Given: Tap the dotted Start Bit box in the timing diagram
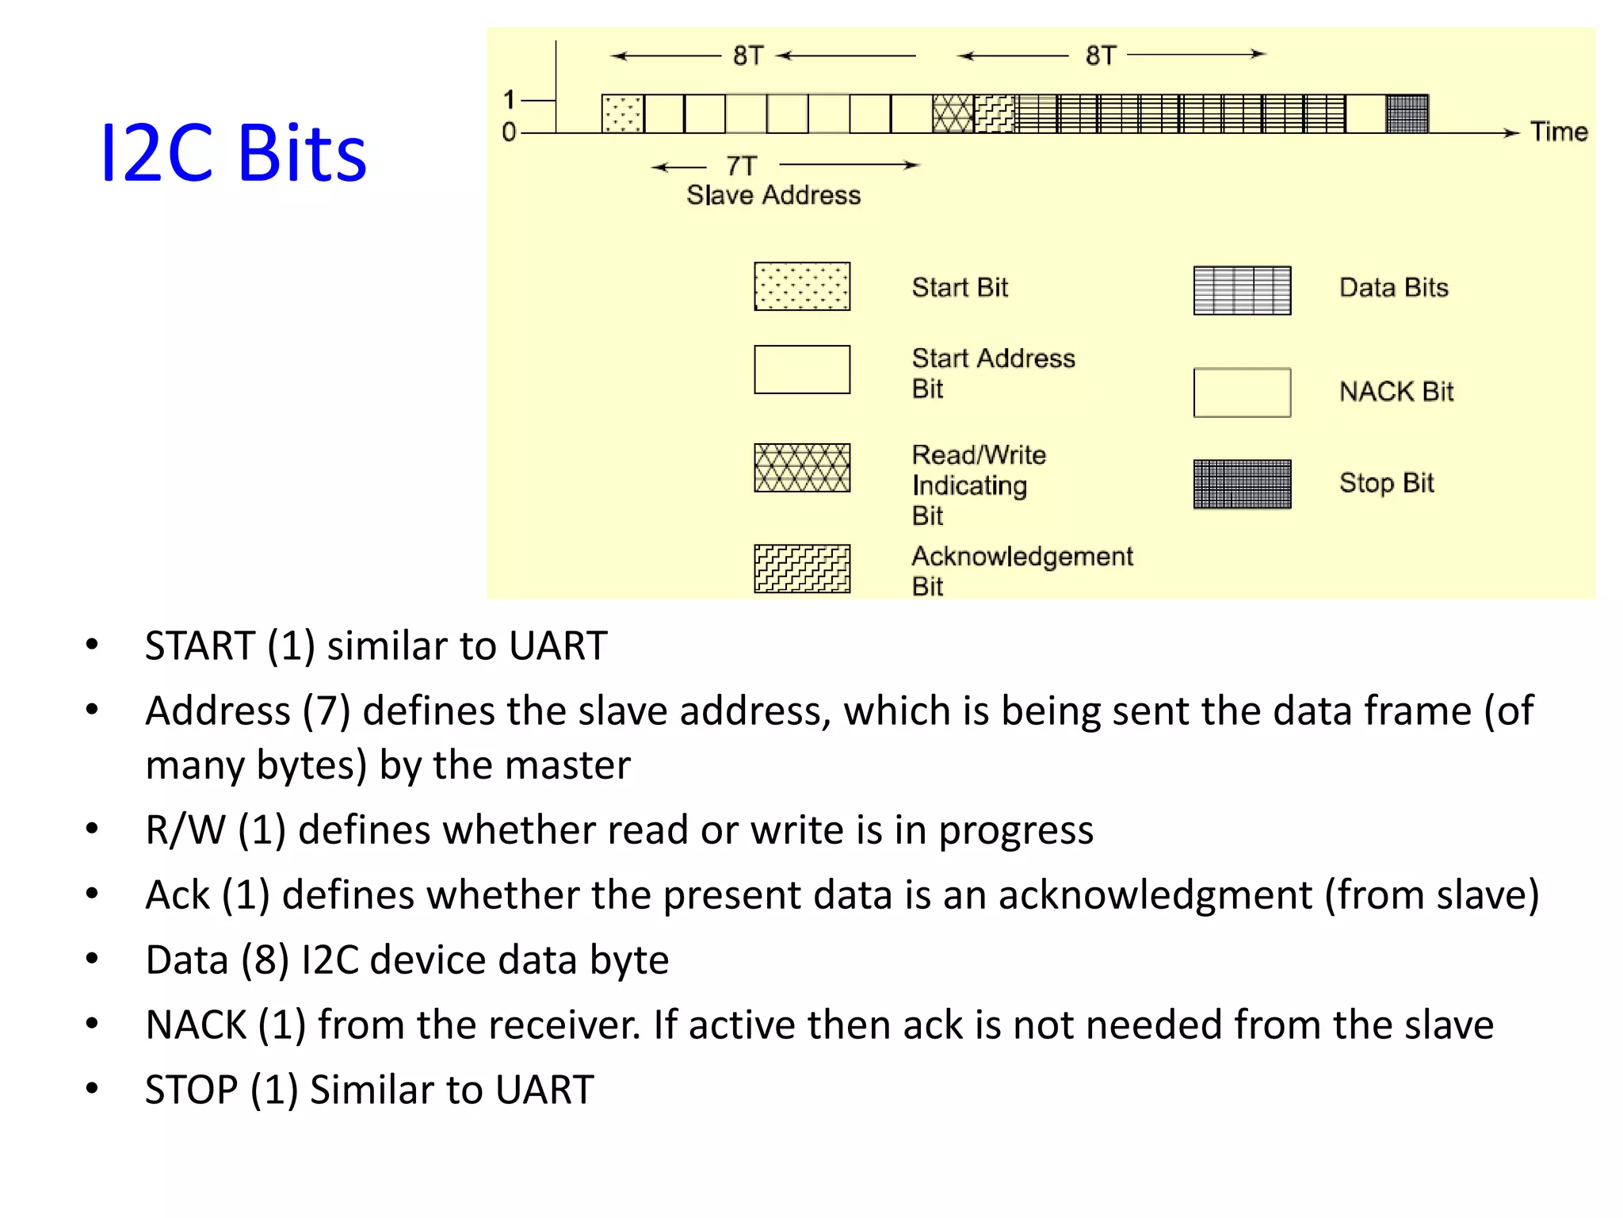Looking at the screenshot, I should pyautogui.click(x=622, y=113).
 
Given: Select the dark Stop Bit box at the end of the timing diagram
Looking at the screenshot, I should pyautogui.click(x=1407, y=113).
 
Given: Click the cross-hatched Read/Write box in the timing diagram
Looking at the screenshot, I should pyautogui.click(x=953, y=113).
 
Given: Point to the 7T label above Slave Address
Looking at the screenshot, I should pyautogui.click(x=742, y=166).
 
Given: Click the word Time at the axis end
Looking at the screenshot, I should pyautogui.click(x=1559, y=132).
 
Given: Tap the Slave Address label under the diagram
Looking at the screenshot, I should pyautogui.click(x=773, y=195).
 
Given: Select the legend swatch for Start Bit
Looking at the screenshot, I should pyautogui.click(x=802, y=286).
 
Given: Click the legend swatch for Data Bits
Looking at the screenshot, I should pyautogui.click(x=1242, y=290).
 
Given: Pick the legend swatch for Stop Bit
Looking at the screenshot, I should pyautogui.click(x=1242, y=484).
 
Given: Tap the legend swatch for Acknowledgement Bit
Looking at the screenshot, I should pyautogui.click(x=802, y=569).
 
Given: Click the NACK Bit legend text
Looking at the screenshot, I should pyautogui.click(x=1396, y=392).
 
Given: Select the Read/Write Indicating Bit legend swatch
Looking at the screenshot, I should pyautogui.click(x=802, y=468).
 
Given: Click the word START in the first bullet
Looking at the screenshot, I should pyautogui.click(x=200, y=645).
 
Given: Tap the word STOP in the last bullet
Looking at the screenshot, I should pyautogui.click(x=191, y=1090).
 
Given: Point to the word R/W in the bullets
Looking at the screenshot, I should pyautogui.click(x=185, y=830).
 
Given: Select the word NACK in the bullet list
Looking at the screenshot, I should pyautogui.click(x=196, y=1025).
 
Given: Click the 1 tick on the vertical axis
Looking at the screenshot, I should pyautogui.click(x=510, y=100).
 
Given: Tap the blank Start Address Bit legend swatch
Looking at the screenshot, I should pyautogui.click(x=802, y=370).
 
